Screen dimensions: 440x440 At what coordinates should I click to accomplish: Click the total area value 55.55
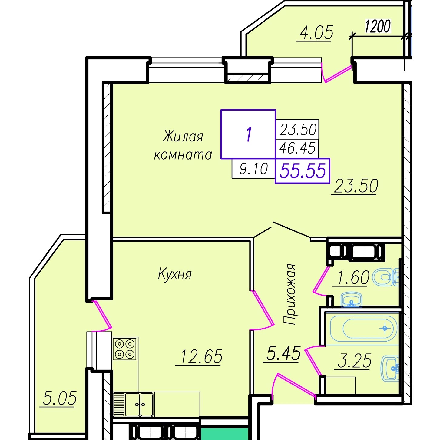click(x=303, y=171)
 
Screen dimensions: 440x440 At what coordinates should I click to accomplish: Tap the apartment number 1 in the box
click(x=249, y=134)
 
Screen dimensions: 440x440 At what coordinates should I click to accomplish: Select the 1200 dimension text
click(x=378, y=26)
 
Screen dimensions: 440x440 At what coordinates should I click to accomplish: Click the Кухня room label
click(x=175, y=274)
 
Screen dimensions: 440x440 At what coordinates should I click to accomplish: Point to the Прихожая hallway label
click(x=289, y=294)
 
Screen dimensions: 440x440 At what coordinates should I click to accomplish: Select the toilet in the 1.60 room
click(x=385, y=277)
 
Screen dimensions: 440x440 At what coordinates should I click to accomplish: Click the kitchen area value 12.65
click(x=201, y=356)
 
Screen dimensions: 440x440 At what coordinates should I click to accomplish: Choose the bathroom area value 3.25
click(x=354, y=361)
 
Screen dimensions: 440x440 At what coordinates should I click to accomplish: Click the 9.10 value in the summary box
click(x=253, y=169)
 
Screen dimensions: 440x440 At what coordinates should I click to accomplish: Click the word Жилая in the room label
click(x=183, y=137)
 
